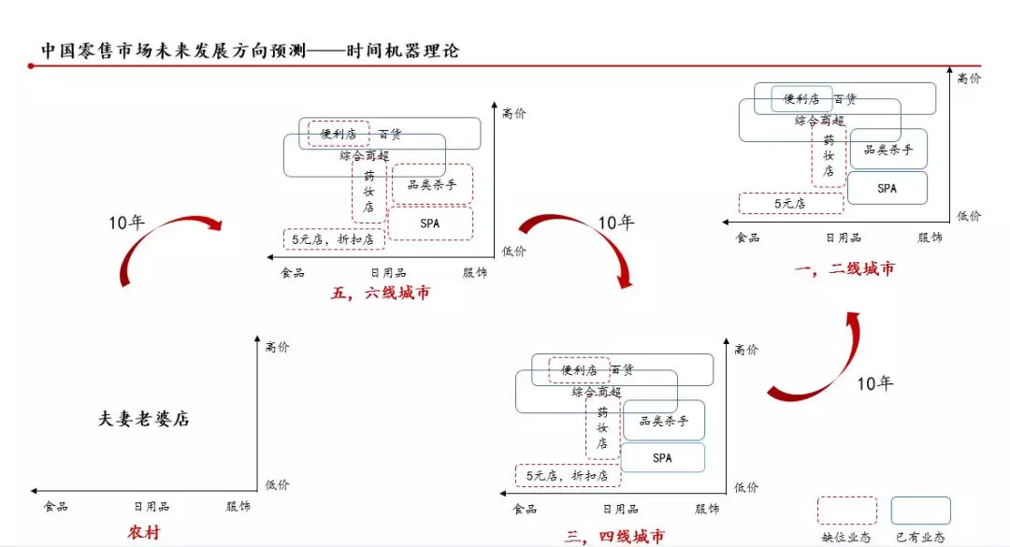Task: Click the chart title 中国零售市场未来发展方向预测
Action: click(x=173, y=50)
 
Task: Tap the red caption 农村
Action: click(x=143, y=532)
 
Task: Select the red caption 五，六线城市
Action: click(x=380, y=294)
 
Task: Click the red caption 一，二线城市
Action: click(x=844, y=268)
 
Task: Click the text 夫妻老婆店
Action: click(x=143, y=419)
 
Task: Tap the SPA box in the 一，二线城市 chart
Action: click(x=887, y=188)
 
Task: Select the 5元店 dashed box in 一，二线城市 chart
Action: click(x=791, y=204)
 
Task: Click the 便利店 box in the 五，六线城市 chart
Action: click(x=339, y=134)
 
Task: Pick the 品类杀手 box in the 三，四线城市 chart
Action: click(x=663, y=421)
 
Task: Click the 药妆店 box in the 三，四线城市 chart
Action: click(x=602, y=427)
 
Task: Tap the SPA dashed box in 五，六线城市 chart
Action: click(x=430, y=223)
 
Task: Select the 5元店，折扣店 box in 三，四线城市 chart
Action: click(x=568, y=476)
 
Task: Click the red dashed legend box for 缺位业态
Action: click(x=847, y=511)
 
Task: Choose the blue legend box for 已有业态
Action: click(x=920, y=511)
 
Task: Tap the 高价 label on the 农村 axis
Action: click(x=278, y=347)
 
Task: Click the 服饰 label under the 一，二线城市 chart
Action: click(x=930, y=238)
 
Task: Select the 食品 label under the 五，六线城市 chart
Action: click(x=293, y=272)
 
